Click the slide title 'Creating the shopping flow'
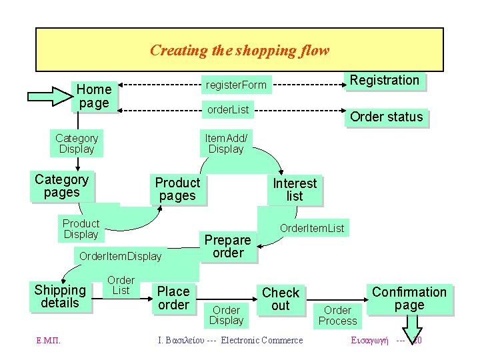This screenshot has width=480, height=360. coord(239,50)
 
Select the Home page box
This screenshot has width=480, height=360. coord(94,96)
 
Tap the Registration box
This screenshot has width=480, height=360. coord(385,81)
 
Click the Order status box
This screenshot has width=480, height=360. coord(387,117)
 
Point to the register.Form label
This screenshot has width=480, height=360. coord(236,85)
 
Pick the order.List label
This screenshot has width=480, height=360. coord(228,109)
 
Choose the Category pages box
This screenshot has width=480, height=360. coord(61,186)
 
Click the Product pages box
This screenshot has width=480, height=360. coord(177,189)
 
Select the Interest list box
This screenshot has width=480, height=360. coord(295,189)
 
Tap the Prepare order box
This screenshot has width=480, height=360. coord(228,246)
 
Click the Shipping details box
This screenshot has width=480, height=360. coord(60,297)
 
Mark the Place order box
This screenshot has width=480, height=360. coord(173,298)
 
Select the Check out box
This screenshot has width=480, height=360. coord(281,299)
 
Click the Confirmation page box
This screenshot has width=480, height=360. coord(409,298)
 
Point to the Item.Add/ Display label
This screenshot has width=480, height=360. coord(226,143)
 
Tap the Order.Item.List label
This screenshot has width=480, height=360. coord(312,229)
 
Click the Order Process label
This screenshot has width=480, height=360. coord(337,315)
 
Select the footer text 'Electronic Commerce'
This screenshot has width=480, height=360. coord(262,341)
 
